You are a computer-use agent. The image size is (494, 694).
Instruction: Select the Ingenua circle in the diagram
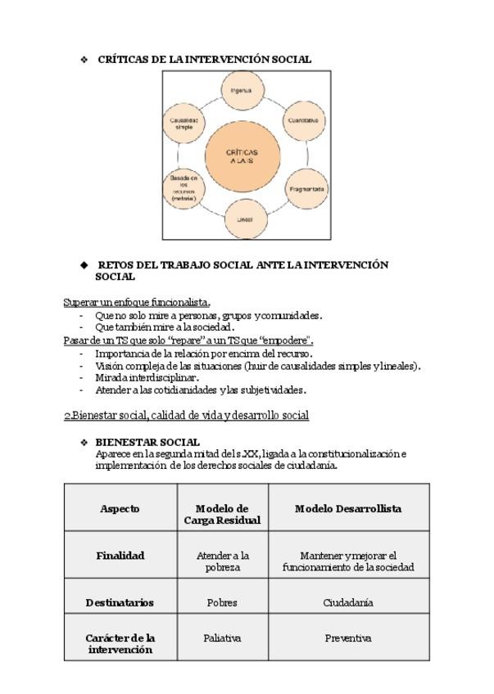click(241, 91)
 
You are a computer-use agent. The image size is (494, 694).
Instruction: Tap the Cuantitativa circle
click(303, 120)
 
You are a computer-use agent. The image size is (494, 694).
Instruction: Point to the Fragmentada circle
click(306, 189)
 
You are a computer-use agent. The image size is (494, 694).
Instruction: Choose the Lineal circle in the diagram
click(245, 219)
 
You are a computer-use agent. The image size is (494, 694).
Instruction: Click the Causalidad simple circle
click(184, 123)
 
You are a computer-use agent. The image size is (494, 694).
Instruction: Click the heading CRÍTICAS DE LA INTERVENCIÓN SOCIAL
click(204, 59)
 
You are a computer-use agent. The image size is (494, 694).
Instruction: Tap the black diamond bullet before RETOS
click(84, 265)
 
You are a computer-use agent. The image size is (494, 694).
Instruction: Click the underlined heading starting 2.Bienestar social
click(186, 416)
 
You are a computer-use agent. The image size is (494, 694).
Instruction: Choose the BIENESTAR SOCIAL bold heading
click(147, 442)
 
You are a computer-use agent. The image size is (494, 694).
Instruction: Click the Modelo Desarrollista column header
click(348, 508)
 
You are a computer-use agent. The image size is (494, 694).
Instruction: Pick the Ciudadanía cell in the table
click(348, 602)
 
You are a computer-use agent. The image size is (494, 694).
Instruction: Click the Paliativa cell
click(222, 638)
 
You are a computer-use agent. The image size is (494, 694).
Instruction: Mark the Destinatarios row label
click(120, 602)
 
